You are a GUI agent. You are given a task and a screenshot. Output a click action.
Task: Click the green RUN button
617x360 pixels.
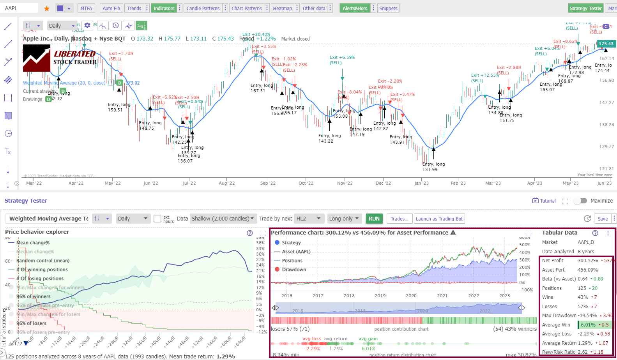tap(374, 219)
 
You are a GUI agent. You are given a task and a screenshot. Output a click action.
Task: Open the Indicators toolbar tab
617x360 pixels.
tap(164, 8)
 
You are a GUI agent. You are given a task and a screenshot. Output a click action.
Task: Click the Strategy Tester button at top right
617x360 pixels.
tap(585, 8)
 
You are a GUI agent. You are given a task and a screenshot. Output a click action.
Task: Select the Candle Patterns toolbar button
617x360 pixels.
tap(203, 8)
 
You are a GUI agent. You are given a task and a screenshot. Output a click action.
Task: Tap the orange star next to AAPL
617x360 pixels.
tap(47, 8)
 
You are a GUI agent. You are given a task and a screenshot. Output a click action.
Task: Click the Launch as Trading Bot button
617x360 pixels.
tap(439, 219)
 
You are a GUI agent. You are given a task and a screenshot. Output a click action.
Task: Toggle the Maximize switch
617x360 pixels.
tap(580, 201)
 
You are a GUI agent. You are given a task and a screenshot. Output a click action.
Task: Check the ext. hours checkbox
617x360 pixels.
tap(157, 219)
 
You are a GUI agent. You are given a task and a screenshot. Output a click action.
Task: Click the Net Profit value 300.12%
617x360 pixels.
tap(587, 260)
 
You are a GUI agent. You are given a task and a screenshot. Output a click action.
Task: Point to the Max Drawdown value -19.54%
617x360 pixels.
tap(587, 315)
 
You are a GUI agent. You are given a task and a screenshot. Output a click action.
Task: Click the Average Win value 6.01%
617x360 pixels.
tap(588, 325)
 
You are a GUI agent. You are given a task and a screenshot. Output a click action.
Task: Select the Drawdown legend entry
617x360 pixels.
tap(294, 269)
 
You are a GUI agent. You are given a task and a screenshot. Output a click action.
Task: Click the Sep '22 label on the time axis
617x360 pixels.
tap(268, 183)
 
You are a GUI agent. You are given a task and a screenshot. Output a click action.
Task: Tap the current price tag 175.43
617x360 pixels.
tap(606, 44)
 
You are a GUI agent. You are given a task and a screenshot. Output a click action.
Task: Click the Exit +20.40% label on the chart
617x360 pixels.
tap(256, 34)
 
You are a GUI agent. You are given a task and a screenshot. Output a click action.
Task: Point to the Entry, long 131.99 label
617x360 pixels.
tap(433, 167)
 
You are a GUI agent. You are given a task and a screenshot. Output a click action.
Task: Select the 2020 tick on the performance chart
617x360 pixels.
tap(411, 295)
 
